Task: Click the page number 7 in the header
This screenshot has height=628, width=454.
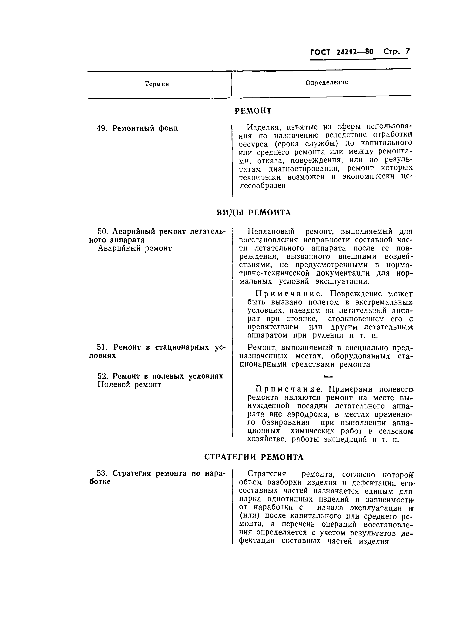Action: [407, 51]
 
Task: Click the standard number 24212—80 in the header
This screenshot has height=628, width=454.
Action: [355, 52]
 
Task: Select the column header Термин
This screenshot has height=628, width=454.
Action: [157, 84]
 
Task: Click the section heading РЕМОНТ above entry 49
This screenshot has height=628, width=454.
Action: [253, 111]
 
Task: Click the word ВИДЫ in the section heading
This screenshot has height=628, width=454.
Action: [230, 213]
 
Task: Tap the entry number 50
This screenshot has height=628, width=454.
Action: [102, 231]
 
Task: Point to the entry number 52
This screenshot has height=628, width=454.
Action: [102, 376]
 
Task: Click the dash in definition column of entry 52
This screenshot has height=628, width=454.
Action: [328, 377]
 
